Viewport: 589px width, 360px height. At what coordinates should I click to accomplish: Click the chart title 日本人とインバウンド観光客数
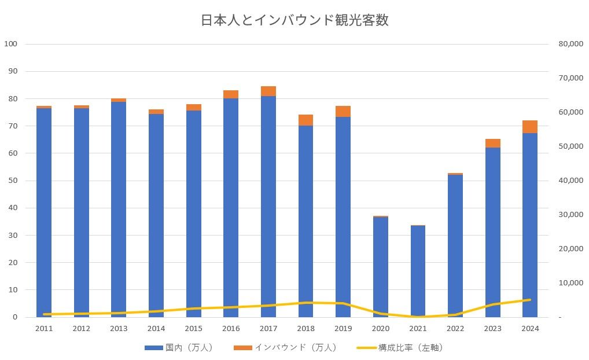click(294, 20)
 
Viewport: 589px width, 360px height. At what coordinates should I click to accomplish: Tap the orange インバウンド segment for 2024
click(530, 127)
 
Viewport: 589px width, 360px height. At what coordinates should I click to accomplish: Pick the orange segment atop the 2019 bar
click(343, 112)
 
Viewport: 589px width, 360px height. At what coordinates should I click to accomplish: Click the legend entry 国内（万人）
click(179, 348)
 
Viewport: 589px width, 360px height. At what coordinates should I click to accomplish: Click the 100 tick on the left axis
click(11, 44)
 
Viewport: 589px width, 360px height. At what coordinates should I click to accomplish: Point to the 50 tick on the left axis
click(13, 181)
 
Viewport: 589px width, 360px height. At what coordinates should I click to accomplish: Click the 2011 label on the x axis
click(44, 329)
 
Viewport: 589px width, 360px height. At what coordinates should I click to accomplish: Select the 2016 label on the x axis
click(231, 329)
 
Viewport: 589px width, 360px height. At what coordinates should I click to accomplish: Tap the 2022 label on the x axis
click(455, 329)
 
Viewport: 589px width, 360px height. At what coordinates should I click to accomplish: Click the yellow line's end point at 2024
click(530, 300)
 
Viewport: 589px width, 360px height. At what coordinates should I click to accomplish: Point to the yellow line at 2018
click(305, 303)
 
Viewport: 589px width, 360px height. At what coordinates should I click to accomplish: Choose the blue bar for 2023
click(492, 232)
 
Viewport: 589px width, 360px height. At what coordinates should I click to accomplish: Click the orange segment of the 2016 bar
click(231, 94)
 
